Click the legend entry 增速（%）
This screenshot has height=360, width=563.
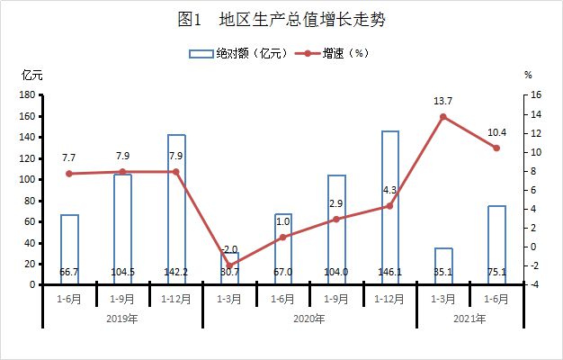tap(332, 54)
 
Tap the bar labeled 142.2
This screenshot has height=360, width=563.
tap(176, 209)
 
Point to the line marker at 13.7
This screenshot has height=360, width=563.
tap(443, 117)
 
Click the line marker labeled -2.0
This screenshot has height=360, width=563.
tap(229, 266)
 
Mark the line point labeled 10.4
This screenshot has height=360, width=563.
tap(496, 148)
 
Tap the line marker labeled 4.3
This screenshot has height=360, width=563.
tap(390, 206)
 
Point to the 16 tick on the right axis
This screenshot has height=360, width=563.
tap(536, 94)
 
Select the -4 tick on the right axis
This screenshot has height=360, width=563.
tap(536, 284)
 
